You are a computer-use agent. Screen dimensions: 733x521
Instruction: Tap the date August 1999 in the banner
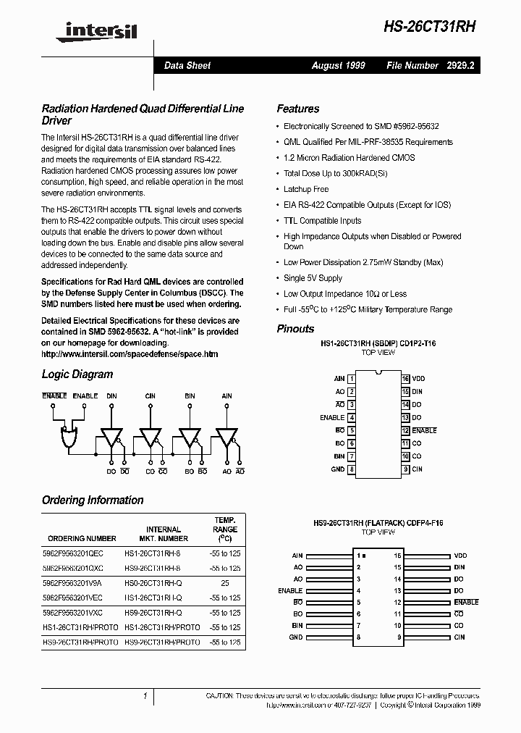(338, 65)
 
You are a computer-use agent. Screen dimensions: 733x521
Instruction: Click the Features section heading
(297, 109)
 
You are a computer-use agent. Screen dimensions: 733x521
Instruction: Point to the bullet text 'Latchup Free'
(306, 189)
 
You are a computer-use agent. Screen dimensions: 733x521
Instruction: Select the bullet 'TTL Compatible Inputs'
(322, 221)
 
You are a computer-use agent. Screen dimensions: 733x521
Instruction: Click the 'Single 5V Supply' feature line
(313, 278)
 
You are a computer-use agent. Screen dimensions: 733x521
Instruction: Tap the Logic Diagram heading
(77, 374)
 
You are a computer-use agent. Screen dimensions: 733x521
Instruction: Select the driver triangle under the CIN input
(150, 437)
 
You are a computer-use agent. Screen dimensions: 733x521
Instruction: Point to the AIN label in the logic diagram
(226, 396)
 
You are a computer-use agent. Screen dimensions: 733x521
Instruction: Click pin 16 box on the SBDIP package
(406, 379)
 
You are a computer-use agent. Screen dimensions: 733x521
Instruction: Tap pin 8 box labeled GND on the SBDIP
(351, 469)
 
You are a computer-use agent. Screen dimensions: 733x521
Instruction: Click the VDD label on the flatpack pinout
(460, 556)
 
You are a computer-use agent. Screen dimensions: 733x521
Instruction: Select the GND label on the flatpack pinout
(295, 637)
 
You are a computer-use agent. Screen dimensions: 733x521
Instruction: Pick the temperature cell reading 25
(224, 582)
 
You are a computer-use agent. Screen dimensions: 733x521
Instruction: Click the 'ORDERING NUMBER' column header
(82, 538)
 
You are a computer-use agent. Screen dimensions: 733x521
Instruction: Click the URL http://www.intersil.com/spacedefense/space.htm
(130, 354)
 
